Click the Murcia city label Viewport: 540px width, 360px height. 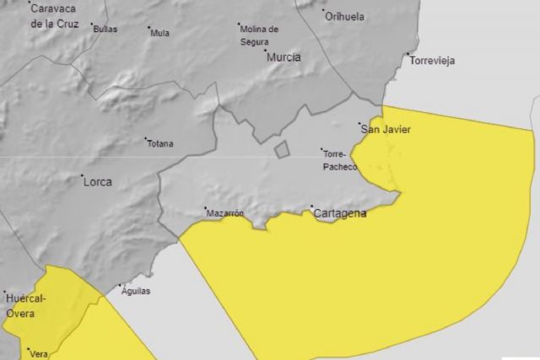click(283, 57)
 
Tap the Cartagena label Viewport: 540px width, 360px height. click(339, 214)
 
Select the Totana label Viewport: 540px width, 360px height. click(159, 143)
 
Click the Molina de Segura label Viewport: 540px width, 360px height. click(259, 34)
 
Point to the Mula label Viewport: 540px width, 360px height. click(159, 34)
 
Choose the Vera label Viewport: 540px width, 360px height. click(36, 353)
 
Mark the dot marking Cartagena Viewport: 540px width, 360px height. click(312, 207)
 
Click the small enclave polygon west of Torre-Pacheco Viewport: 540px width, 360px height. click(282, 150)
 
